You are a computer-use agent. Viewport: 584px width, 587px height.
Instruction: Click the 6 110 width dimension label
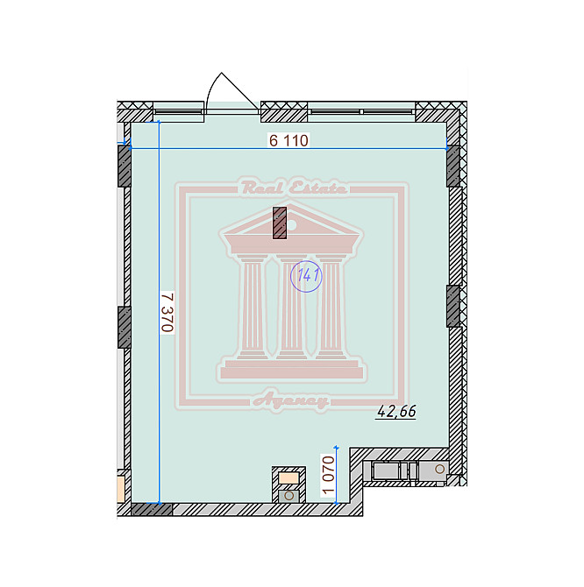288,140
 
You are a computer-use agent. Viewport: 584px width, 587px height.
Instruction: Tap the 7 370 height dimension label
167,312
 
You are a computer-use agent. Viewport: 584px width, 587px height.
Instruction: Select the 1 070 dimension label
328,475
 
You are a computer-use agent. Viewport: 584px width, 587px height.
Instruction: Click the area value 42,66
396,411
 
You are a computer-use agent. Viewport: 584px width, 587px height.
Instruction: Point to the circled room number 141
307,276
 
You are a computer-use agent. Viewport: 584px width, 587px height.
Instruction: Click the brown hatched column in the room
280,223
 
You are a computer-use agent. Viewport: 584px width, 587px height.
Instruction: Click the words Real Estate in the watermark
293,187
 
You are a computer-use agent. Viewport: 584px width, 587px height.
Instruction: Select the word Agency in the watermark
290,401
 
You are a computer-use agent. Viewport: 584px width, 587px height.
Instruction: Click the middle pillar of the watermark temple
291,307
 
